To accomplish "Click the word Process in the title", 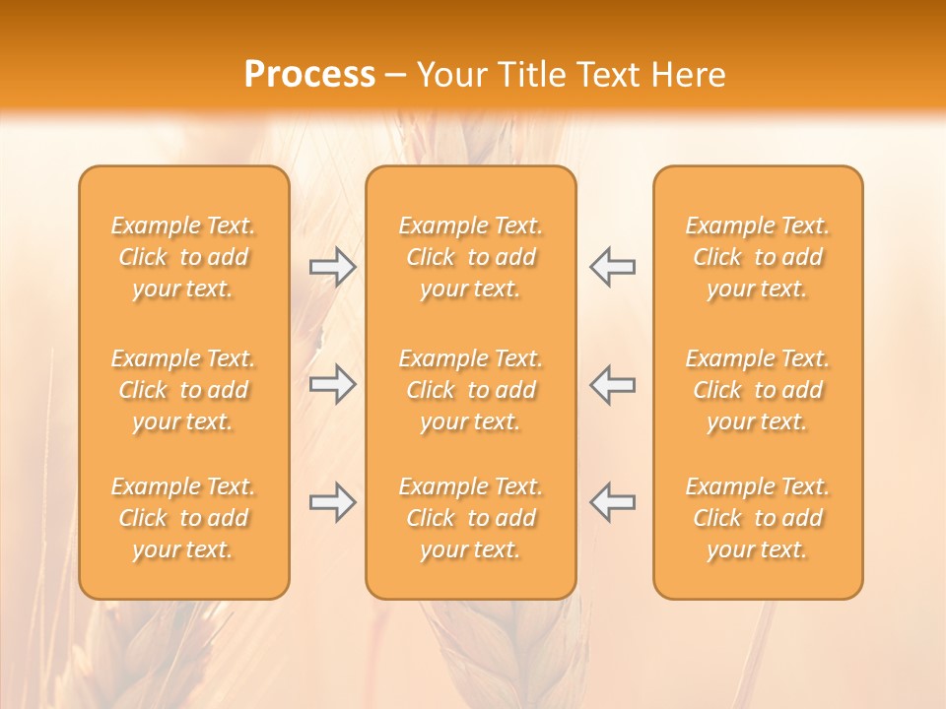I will (309, 75).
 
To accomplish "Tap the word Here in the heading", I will (687, 75).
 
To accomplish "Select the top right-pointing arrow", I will (332, 267).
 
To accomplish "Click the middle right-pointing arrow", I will (332, 384).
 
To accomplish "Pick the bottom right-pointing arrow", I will (332, 502).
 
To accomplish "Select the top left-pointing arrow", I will (613, 267).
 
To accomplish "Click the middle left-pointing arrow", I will (613, 384).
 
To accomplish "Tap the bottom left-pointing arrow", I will (613, 502).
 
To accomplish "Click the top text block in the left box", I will (183, 257).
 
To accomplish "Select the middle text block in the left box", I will (183, 390).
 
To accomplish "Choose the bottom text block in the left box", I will (183, 518).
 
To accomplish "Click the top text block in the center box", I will (470, 257).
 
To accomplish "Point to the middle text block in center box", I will (470, 390).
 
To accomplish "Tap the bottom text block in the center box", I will (470, 518).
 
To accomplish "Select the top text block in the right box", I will (757, 257).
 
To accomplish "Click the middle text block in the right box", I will (757, 390).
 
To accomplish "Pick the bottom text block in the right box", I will (757, 518).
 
